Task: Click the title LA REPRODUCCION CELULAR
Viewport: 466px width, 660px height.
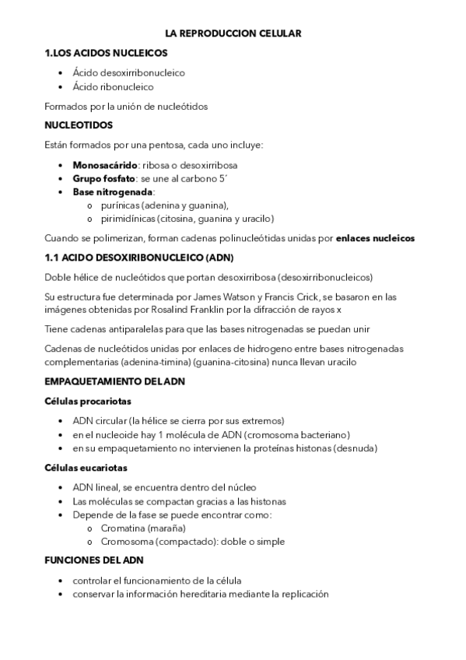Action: click(233, 33)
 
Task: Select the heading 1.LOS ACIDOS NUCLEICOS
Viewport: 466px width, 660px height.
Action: click(106, 53)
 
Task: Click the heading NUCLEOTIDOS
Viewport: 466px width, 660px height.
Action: click(79, 125)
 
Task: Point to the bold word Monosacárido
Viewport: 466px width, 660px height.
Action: click(104, 165)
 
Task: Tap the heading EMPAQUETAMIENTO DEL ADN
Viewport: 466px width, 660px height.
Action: click(115, 381)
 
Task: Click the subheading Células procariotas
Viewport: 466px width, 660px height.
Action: click(88, 401)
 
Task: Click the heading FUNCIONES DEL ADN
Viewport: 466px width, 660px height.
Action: click(94, 560)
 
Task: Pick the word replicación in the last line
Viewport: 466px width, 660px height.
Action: click(303, 594)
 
